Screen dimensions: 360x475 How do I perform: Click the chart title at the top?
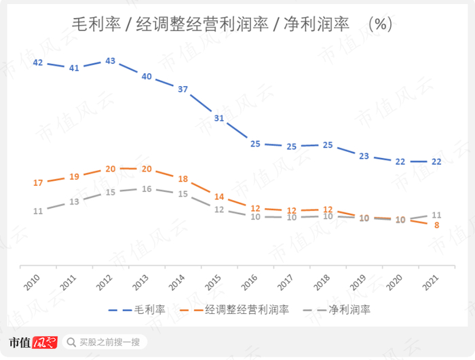(232, 24)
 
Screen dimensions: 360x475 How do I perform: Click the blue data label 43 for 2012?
(111, 61)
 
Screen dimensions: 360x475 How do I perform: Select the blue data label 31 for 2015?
(218, 118)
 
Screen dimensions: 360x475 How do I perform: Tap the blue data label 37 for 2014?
(183, 89)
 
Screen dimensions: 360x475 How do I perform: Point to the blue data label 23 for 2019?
(364, 156)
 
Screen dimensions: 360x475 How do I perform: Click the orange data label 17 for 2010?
(38, 183)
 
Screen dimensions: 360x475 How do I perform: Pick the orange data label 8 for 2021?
(437, 225)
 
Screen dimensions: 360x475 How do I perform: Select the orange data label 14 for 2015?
(218, 197)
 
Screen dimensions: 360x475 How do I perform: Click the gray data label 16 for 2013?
(147, 189)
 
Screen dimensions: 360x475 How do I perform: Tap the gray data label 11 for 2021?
(437, 215)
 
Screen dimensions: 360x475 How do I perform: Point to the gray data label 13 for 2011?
(74, 201)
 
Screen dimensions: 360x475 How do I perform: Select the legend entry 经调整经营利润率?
(237, 310)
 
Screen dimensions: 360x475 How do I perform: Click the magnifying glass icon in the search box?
(71, 342)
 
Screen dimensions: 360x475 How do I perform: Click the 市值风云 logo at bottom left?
(32, 342)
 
